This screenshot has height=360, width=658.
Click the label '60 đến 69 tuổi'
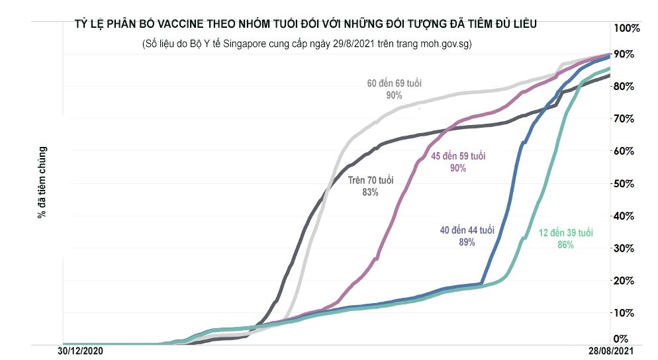[x=395, y=84]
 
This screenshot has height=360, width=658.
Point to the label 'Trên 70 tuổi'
[x=371, y=180]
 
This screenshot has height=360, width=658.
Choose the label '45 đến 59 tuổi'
[x=458, y=156]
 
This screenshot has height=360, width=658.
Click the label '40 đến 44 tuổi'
[x=467, y=230]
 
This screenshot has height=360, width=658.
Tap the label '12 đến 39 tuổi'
[x=565, y=233]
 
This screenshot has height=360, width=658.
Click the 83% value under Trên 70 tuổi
[x=371, y=192]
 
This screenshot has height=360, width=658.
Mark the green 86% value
[x=565, y=245]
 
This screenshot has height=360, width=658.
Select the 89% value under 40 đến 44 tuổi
[x=467, y=242]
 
